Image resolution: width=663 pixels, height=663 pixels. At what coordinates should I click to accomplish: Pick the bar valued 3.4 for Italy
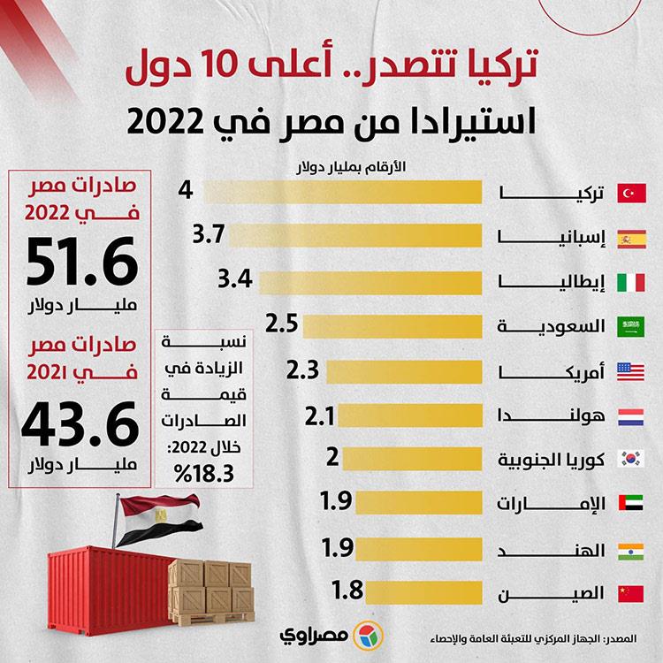coord(371,281)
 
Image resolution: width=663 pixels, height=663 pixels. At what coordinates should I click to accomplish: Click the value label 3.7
coord(210,236)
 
